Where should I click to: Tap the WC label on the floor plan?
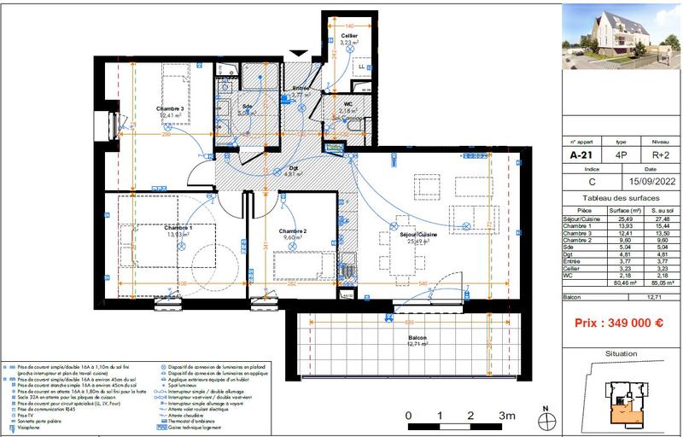pos(348,104)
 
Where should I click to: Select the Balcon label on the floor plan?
pos(417,337)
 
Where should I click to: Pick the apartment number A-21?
pos(583,156)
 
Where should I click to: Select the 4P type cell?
pos(622,156)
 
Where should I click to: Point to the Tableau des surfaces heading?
pos(621,197)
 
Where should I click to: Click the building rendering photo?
pos(621,35)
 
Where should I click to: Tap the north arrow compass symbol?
pos(546,418)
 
